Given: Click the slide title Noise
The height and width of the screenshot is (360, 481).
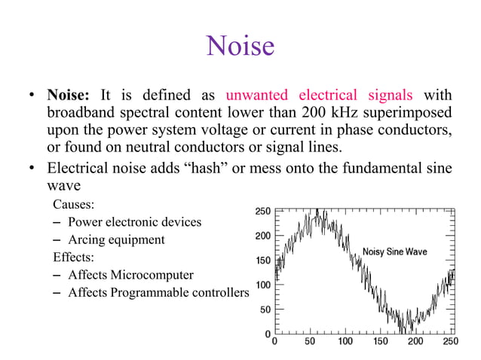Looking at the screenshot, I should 240,47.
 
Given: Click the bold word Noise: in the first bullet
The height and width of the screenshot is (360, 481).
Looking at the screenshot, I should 69,96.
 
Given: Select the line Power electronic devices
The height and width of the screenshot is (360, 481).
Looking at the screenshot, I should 134,222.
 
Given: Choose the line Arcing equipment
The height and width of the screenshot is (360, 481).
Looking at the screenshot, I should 116,239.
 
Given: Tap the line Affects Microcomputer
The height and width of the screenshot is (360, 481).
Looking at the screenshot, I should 130,275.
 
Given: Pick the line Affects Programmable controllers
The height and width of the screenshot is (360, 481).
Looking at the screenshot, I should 158,292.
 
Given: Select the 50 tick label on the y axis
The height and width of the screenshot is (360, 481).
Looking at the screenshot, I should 265,310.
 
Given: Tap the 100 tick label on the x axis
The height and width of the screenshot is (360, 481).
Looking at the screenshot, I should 345,341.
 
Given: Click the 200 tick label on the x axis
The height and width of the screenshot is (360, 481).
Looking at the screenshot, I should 415,341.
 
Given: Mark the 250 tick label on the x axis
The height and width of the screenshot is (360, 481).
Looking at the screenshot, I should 450,341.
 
